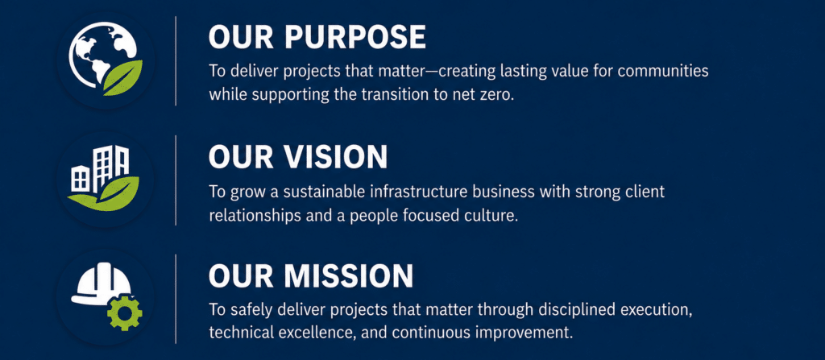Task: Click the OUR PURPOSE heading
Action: [317, 37]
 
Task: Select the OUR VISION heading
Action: [298, 156]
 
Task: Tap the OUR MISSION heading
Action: [310, 275]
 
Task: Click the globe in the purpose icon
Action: [97, 52]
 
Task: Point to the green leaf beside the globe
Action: [123, 77]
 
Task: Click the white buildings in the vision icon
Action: [99, 168]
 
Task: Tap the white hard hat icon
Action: [100, 284]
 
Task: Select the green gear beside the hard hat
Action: [124, 312]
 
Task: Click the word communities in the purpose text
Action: [663, 71]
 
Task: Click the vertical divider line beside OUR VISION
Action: [176, 180]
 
